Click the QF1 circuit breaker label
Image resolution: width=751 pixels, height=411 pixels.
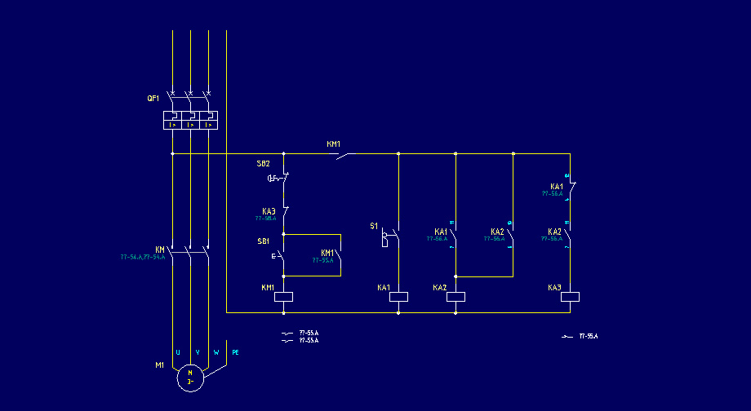[153, 98]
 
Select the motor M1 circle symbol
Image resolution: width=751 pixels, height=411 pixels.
[190, 378]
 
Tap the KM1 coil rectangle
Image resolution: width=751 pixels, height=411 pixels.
[283, 297]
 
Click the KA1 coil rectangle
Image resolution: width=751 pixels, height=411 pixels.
[398, 297]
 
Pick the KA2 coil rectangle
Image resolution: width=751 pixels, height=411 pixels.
[455, 297]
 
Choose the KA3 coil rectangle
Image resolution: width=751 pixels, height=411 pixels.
[570, 297]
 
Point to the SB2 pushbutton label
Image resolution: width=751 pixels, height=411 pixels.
[263, 164]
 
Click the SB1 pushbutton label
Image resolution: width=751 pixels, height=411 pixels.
[263, 241]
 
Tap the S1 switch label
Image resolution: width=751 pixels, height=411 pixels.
[374, 226]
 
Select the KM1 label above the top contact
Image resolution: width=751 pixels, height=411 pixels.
[334, 144]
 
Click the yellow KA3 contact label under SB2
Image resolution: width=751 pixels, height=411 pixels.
[269, 211]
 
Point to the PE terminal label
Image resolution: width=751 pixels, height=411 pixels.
[236, 352]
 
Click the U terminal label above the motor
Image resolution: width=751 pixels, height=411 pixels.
[178, 352]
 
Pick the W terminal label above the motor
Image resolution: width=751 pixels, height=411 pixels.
[216, 352]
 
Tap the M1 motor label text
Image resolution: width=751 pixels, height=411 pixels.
[160, 365]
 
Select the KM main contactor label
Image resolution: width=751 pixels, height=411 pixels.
[160, 250]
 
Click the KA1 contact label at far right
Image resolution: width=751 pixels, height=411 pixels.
[556, 187]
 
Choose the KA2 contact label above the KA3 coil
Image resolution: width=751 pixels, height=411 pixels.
[554, 232]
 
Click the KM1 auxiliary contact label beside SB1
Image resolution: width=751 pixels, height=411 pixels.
[327, 253]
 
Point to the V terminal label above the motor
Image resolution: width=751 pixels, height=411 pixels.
[198, 352]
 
